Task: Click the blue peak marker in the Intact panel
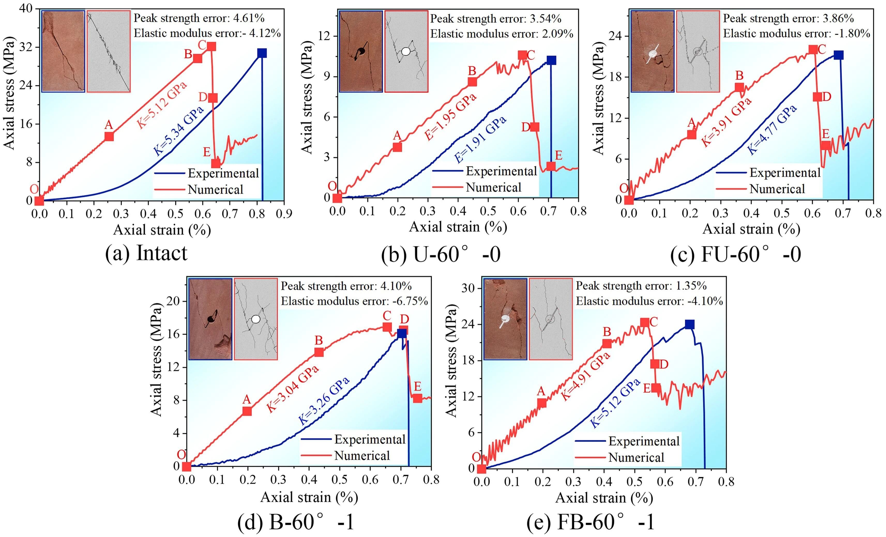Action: tap(262, 53)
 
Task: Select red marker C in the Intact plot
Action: tap(211, 46)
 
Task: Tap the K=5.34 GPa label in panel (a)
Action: tap(179, 131)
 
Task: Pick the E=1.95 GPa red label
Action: tap(451, 116)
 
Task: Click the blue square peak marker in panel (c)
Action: tap(838, 55)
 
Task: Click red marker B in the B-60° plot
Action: tap(319, 352)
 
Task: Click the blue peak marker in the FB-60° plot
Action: tap(689, 324)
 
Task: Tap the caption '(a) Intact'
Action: tap(146, 253)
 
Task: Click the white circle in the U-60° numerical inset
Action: tap(406, 51)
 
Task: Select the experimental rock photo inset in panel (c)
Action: tap(652, 51)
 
